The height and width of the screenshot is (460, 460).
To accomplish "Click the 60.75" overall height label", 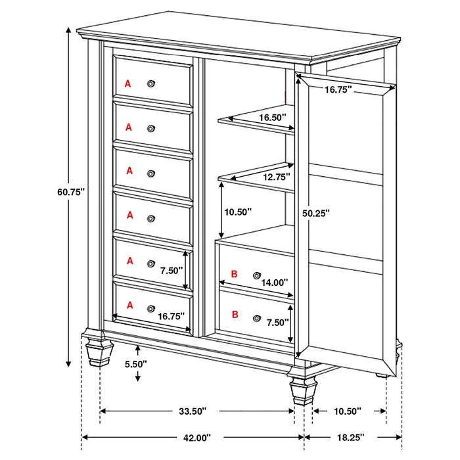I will pos(72,192).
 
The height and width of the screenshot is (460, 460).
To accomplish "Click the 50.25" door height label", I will pos(316,213).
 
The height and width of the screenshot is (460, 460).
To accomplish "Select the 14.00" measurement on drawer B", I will pos(274,283).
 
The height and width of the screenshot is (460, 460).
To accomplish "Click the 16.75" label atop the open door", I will pos(337,89).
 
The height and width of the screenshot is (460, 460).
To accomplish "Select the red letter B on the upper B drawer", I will pos(234,274).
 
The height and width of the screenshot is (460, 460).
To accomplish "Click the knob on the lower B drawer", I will pos(256,317).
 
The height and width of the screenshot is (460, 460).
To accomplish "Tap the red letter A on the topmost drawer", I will pos(128,83).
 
